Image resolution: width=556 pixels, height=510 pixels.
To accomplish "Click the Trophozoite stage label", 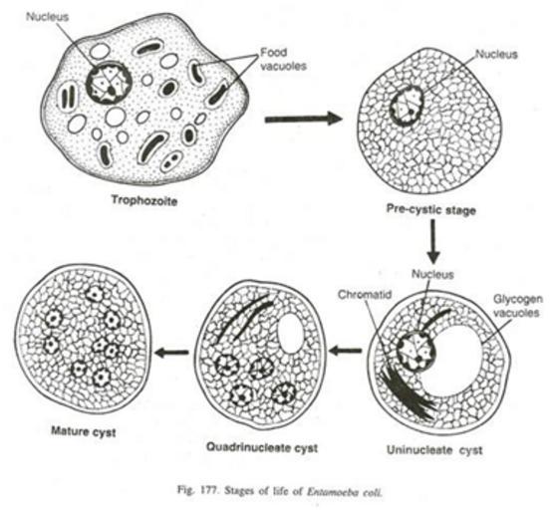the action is [x=144, y=200].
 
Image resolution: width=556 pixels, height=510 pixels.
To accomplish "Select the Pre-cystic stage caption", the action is [x=430, y=209].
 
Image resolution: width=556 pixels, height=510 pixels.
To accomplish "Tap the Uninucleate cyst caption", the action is [x=434, y=450].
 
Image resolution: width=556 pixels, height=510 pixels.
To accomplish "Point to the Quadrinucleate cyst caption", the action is [x=262, y=447].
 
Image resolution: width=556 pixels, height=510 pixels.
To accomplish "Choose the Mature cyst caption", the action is [x=84, y=431].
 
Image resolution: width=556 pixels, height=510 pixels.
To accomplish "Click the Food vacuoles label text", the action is [x=283, y=59].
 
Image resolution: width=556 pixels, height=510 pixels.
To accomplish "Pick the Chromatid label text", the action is [x=365, y=295].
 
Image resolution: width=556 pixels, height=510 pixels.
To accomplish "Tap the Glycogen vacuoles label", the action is [x=518, y=306].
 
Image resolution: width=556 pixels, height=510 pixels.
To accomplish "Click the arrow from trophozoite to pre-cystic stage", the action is [x=304, y=119].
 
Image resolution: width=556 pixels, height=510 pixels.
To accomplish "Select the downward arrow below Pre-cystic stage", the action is [x=433, y=242].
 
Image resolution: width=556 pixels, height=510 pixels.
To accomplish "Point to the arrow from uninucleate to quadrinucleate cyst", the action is [x=346, y=351].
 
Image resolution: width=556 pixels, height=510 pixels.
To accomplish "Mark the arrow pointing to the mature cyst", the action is [x=172, y=352].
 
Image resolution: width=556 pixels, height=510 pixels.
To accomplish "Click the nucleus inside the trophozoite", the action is [x=109, y=83].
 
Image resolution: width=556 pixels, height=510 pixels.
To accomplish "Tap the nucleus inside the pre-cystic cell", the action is [x=408, y=106].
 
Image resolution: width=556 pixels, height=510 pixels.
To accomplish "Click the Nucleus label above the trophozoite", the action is [x=47, y=17].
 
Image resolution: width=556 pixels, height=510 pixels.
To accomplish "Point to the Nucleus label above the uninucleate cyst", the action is [x=432, y=274].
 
